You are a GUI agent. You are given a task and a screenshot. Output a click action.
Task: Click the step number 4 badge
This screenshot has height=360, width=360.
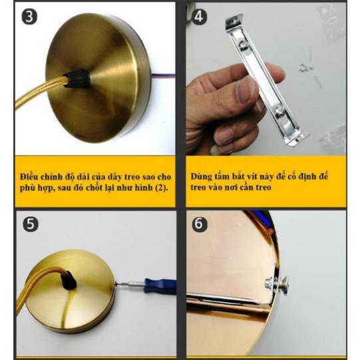pyautogui.click(x=199, y=17)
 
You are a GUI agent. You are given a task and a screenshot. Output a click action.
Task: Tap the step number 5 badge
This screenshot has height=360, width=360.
pyautogui.click(x=31, y=224)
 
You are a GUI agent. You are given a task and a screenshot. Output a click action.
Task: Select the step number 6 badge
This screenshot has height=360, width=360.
pyautogui.click(x=199, y=224)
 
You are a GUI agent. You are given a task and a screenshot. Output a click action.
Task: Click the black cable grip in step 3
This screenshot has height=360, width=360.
pyautogui.click(x=77, y=79)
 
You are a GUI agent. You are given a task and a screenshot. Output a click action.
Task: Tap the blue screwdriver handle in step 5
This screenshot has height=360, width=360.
pyautogui.click(x=160, y=285)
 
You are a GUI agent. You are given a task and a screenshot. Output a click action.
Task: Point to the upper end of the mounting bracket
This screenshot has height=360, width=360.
pyautogui.click(x=234, y=21)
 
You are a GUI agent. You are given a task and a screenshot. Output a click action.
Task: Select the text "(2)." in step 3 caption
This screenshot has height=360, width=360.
pyautogui.click(x=162, y=188)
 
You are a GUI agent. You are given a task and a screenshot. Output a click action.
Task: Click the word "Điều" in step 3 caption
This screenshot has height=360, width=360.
pyautogui.click(x=29, y=177)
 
